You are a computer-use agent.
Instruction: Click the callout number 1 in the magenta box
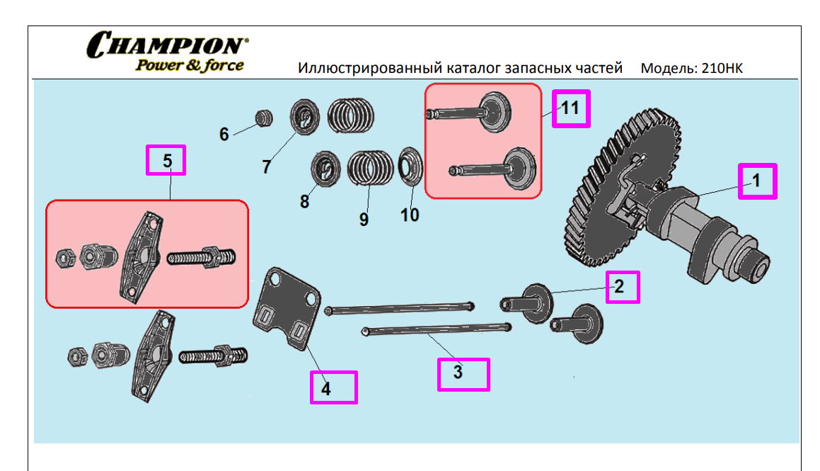point(756,181)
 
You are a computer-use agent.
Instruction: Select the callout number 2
point(619,287)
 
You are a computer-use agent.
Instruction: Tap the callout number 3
point(458,372)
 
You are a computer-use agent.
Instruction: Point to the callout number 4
point(325,388)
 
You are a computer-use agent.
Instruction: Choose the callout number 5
point(167,161)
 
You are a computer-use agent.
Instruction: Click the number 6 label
point(224,134)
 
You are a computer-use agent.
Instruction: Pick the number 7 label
point(266,167)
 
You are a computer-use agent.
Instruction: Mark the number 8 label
point(304,202)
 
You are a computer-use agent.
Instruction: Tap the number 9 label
point(364,220)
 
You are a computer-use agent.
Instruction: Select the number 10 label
point(410,215)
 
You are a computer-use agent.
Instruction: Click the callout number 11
point(570,108)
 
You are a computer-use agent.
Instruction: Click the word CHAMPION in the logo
point(168,45)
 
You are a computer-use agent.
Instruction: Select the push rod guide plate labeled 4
point(287,306)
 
